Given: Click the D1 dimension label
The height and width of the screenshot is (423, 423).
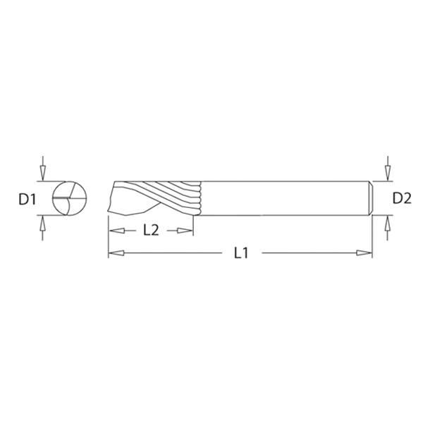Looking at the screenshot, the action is click(x=27, y=200).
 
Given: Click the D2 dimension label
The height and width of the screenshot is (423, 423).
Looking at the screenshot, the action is click(x=402, y=199).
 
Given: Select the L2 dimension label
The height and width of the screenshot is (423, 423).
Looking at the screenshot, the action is click(x=151, y=231).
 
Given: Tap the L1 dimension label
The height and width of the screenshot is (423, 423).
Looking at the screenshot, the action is click(x=241, y=253).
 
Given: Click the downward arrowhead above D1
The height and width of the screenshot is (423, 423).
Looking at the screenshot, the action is click(x=42, y=173).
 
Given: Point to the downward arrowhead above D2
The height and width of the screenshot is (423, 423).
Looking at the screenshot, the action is click(x=388, y=173).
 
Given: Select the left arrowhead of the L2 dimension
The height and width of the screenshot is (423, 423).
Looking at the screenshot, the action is click(x=116, y=231).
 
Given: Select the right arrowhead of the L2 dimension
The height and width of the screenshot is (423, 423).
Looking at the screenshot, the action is click(x=185, y=231).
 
